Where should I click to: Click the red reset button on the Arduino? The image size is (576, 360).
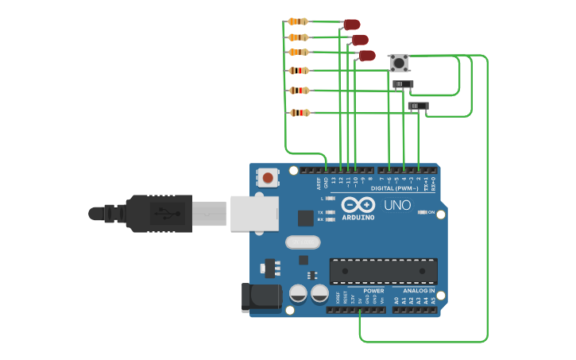269,177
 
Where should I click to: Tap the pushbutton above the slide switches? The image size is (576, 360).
399,63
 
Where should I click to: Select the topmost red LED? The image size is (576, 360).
351,25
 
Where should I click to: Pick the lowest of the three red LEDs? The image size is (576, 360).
366,56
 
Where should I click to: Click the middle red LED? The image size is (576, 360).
359,40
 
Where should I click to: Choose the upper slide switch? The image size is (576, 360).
403,84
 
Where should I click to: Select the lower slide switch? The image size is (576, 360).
418,106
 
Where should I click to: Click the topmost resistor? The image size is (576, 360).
298,21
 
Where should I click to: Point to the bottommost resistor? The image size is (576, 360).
300,113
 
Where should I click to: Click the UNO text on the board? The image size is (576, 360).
397,205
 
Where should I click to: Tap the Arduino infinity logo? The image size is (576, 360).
358,205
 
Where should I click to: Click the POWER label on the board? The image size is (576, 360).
373,291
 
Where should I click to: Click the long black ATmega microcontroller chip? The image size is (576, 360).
383,271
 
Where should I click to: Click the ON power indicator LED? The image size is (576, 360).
423,212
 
